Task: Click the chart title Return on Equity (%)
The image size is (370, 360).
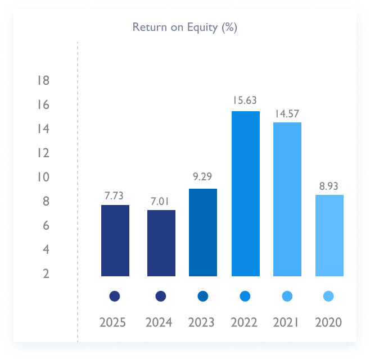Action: coord(184,27)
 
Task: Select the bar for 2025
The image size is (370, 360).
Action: coord(115,240)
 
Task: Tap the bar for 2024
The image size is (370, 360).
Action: coord(161,243)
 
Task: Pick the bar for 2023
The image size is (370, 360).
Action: coord(203,233)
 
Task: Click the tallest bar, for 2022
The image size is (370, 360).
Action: coord(246,194)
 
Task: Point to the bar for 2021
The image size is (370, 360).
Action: coord(287,199)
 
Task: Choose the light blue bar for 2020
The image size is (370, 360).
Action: coord(330,235)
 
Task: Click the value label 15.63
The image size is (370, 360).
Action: coord(246,100)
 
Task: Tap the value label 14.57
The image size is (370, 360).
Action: coord(287,113)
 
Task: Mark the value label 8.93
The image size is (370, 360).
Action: coord(330,185)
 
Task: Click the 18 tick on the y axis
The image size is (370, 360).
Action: coord(43,81)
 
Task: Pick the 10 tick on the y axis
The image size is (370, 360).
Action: coord(43,177)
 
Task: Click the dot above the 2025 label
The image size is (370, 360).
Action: coord(115,296)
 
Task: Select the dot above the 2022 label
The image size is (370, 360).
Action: coord(245,296)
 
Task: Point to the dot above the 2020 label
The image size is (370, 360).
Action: coord(329,296)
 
